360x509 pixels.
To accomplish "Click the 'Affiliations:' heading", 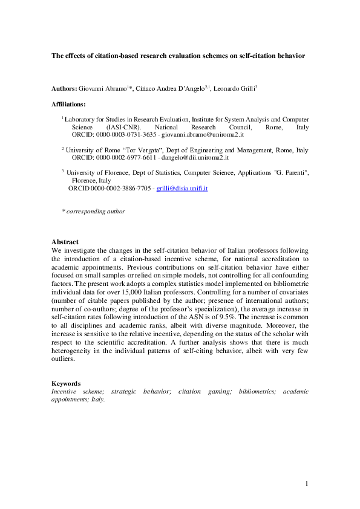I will (x=68, y=105).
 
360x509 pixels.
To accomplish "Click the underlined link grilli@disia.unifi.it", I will (x=182, y=189).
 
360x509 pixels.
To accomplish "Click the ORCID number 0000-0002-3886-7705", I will (x=120, y=189).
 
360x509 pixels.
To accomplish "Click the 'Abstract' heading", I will (x=65, y=242).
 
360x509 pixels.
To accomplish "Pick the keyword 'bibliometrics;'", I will (x=256, y=391).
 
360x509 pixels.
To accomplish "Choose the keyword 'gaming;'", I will (x=220, y=391).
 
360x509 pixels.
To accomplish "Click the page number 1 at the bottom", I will (x=307, y=483).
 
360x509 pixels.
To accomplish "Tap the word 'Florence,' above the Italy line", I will (x=85, y=181).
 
